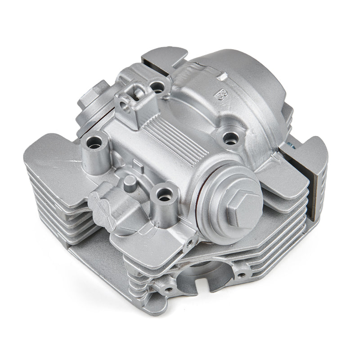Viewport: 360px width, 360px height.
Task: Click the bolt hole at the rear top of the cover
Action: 157,84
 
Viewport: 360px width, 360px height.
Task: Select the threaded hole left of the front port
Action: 169,288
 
